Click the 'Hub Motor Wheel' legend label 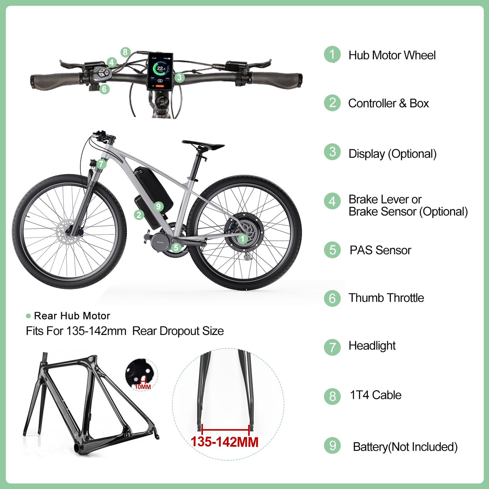pyautogui.click(x=392, y=55)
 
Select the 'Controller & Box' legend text pyautogui.click(x=388, y=103)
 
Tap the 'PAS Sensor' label pyautogui.click(x=380, y=250)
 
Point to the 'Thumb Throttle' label pyautogui.click(x=386, y=298)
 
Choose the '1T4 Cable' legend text pyautogui.click(x=375, y=395)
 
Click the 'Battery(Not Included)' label pyautogui.click(x=405, y=447)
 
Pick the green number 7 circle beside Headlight pyautogui.click(x=332, y=347)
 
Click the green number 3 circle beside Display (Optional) pyautogui.click(x=332, y=152)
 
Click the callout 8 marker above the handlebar pyautogui.click(x=125, y=52)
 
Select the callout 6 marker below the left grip pyautogui.click(x=104, y=89)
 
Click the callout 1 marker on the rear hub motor pyautogui.click(x=243, y=239)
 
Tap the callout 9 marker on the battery pyautogui.click(x=158, y=206)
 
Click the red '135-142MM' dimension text pyautogui.click(x=224, y=442)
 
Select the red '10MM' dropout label pyautogui.click(x=143, y=387)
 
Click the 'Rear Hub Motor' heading pyautogui.click(x=72, y=316)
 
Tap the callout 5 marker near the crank pyautogui.click(x=176, y=248)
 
